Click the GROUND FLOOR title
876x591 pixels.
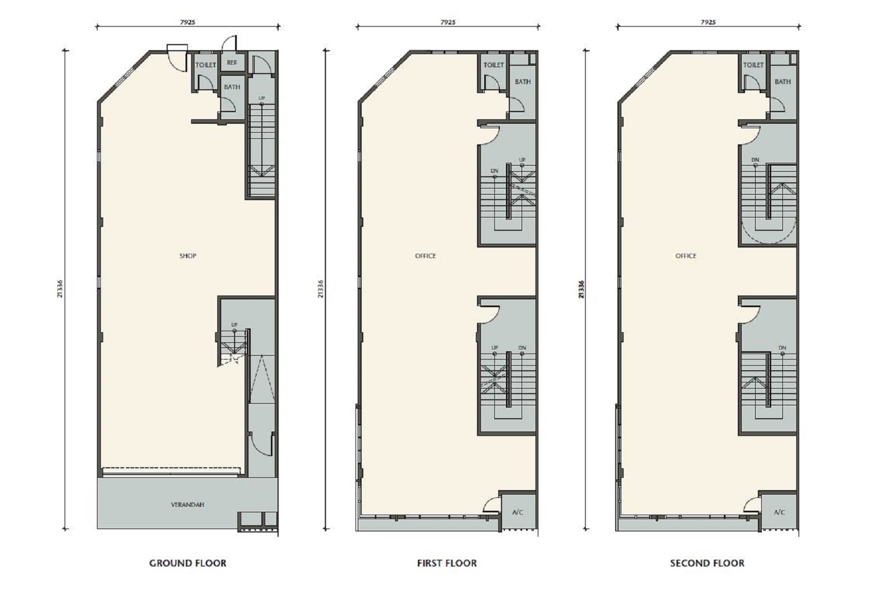coord(188,563)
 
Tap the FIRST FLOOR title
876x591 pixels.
coord(447,563)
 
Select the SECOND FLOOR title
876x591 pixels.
coord(707,563)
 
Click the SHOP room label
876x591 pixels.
coord(188,255)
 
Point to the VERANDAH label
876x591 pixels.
coord(188,505)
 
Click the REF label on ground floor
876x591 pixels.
coord(232,62)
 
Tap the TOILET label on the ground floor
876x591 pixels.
coord(206,65)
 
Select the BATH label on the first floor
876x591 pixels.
coord(523,82)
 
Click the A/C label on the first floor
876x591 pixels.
coord(517,512)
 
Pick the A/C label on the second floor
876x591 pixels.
coord(779,512)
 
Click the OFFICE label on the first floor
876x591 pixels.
coord(426,255)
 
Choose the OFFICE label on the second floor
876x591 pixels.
coord(686,255)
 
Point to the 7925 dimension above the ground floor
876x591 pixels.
coord(188,22)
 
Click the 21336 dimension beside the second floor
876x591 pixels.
coord(581,289)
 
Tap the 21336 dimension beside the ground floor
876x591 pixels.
coord(60,289)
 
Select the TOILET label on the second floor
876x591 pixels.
coord(753,65)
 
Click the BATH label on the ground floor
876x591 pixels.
coord(232,87)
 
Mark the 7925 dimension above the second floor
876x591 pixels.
coord(708,22)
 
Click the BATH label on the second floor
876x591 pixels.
coord(782,82)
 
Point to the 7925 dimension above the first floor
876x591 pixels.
coord(448,22)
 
